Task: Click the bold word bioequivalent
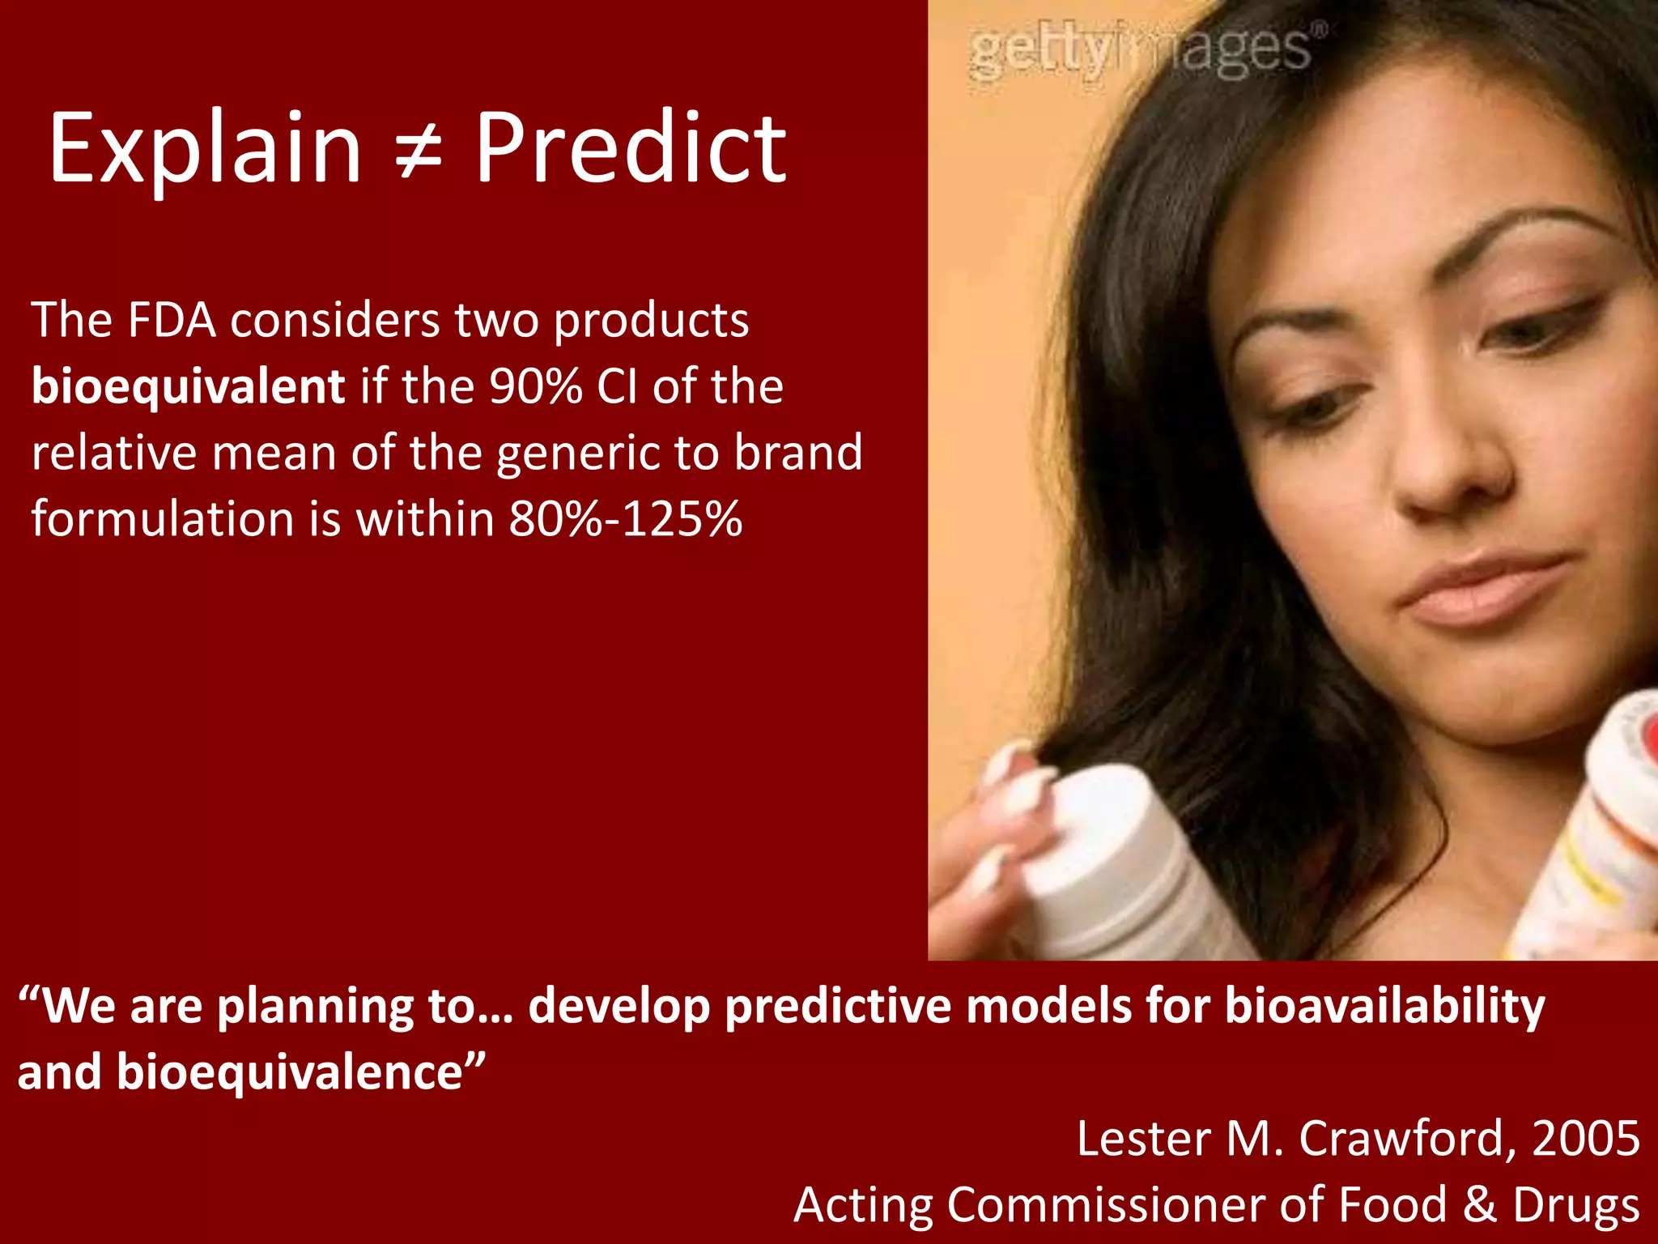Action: [x=188, y=386]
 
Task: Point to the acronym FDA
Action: [x=171, y=320]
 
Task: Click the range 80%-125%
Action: [x=625, y=518]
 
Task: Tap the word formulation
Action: [x=163, y=518]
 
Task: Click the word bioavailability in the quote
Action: [x=1384, y=1007]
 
